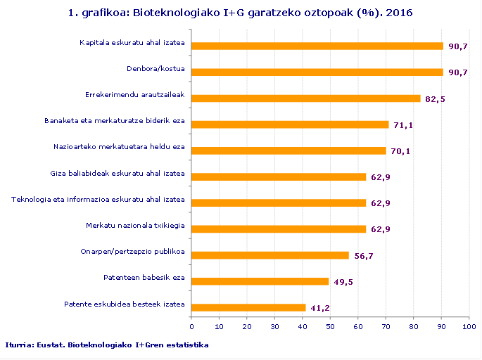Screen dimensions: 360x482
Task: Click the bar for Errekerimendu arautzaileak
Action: pos(306,98)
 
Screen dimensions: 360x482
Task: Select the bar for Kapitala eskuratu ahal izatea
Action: pos(317,46)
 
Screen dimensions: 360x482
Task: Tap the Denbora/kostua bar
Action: pos(317,72)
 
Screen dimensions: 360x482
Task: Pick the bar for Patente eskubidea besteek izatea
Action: pos(248,307)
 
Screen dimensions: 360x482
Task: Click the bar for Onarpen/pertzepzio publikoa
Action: pos(270,255)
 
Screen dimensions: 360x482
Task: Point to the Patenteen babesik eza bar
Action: pos(260,281)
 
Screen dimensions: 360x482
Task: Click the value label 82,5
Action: pos(436,99)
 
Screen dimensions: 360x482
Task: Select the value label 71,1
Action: pos(404,125)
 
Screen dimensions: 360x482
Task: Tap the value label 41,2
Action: pos(321,308)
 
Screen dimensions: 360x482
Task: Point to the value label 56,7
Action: pos(364,256)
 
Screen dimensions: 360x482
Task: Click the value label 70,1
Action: pos(401,151)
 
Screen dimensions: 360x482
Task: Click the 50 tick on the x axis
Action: pos(331,326)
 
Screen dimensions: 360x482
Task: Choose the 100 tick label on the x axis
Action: pos(469,326)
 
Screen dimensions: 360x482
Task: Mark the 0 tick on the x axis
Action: pos(192,326)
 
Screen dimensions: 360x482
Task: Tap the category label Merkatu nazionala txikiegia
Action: pos(136,226)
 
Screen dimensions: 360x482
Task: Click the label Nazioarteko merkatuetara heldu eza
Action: pos(119,147)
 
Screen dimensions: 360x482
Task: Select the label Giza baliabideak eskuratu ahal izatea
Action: pos(118,174)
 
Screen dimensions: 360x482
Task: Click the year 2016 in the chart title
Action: pos(400,13)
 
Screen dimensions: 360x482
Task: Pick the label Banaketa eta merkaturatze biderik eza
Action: pos(115,121)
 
